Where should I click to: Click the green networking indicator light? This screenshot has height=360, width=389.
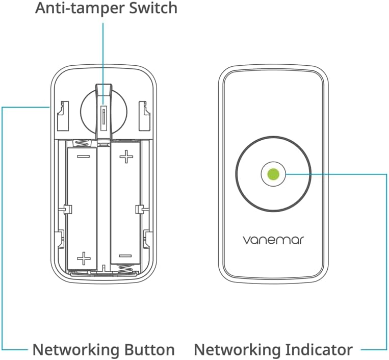273,174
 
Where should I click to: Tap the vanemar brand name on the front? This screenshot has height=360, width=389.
273,239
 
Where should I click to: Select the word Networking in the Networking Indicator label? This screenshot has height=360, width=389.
234,350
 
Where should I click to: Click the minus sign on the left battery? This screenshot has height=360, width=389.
84,156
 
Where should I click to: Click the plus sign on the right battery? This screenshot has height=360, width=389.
125,156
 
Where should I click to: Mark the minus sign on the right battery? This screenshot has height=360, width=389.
125,255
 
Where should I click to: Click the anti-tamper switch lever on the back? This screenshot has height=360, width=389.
103,110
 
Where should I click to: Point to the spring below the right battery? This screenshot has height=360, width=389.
125,268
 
